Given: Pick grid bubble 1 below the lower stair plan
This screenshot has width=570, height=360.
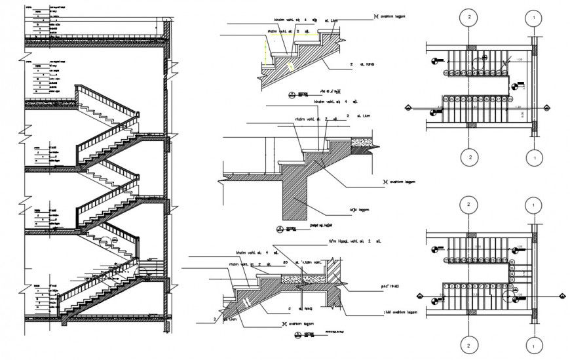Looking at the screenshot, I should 535,343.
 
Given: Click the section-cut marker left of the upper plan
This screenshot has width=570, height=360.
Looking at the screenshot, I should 409,107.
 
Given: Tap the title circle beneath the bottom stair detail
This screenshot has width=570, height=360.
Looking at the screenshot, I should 299,335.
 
